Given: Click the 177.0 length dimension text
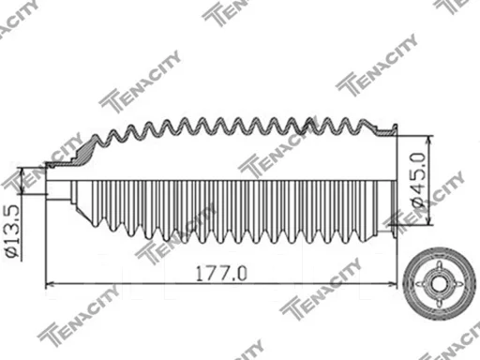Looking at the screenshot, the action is tap(221, 273).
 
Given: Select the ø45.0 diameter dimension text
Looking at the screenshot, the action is tap(418, 180).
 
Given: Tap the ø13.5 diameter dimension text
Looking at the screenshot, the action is tap(13, 232).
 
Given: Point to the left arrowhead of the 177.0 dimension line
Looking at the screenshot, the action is tap(50, 284).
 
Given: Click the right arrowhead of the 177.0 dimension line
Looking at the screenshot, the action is tap(393, 284).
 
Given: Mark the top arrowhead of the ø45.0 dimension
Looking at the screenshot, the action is tap(429, 141).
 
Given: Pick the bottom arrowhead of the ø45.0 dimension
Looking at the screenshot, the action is tap(429, 220).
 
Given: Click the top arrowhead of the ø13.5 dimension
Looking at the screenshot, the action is tap(22, 172).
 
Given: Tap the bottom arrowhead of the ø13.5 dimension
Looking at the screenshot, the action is tap(22, 189).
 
